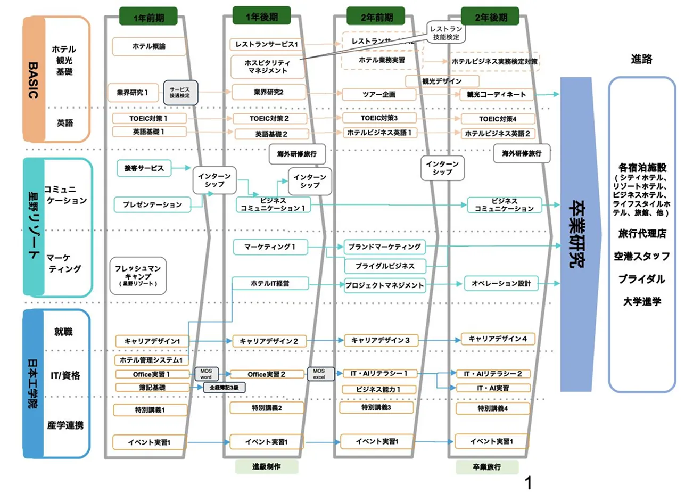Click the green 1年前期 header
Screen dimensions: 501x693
click(148, 18)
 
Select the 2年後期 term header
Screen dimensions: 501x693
click(491, 17)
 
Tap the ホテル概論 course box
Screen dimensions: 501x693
click(148, 46)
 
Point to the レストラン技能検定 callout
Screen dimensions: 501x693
click(446, 33)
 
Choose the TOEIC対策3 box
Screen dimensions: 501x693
click(379, 118)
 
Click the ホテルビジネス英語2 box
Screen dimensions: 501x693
click(497, 134)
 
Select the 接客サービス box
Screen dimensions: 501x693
click(144, 168)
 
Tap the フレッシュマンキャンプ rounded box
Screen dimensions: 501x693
click(138, 276)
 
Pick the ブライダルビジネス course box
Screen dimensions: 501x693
click(384, 266)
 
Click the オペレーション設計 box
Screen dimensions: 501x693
click(500, 283)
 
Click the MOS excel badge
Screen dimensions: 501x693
click(319, 374)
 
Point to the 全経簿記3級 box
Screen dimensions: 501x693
click(224, 388)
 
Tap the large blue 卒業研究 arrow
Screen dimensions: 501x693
click(576, 234)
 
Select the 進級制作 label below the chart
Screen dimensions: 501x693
click(266, 467)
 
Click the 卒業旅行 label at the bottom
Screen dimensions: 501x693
click(486, 467)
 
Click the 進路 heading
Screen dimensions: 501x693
click(641, 59)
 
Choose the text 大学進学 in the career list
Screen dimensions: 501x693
click(642, 301)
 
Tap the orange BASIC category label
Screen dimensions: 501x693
click(33, 80)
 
